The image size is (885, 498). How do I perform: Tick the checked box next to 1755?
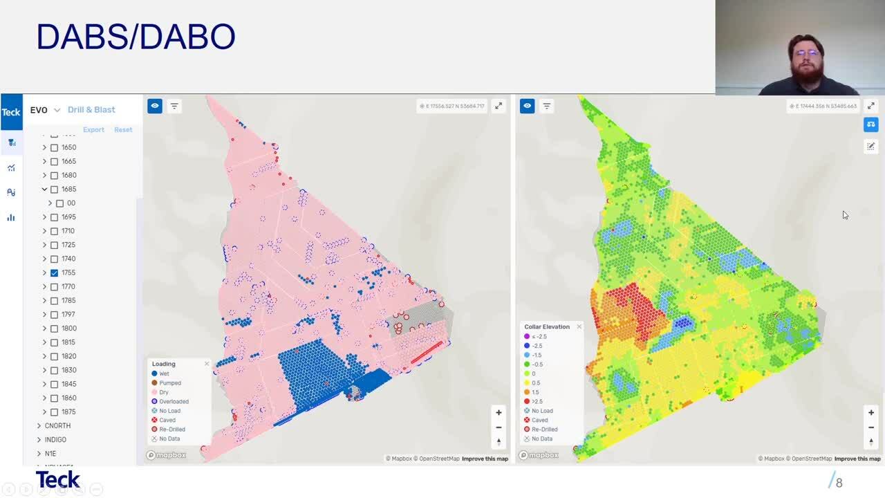[54, 273]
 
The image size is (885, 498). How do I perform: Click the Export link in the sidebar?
[93, 130]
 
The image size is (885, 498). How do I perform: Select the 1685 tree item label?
[68, 189]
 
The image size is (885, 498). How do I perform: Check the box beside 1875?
[54, 412]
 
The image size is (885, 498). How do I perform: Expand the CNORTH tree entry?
[39, 425]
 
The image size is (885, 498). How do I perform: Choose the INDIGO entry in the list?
[55, 439]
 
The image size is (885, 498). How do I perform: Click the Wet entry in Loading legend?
[164, 373]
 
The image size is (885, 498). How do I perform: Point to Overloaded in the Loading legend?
[174, 401]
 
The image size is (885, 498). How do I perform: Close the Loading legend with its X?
[206, 364]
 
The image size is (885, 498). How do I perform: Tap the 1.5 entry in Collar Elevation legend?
[535, 392]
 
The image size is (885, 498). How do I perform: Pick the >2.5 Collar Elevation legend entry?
[537, 401]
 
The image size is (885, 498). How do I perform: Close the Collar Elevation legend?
[579, 326]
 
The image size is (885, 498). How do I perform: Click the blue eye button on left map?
[155, 106]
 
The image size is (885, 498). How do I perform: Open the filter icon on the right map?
[547, 106]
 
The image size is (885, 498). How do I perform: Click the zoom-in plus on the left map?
[499, 413]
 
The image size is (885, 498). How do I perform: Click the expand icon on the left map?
[499, 106]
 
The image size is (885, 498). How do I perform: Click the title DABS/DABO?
[136, 37]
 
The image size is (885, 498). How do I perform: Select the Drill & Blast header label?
[91, 110]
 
